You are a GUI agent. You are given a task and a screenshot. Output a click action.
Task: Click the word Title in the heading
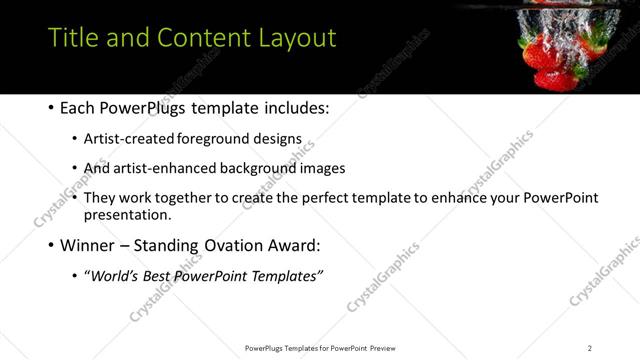pyautogui.click(x=71, y=38)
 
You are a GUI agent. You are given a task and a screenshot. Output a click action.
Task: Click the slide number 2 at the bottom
pyautogui.click(x=589, y=348)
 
